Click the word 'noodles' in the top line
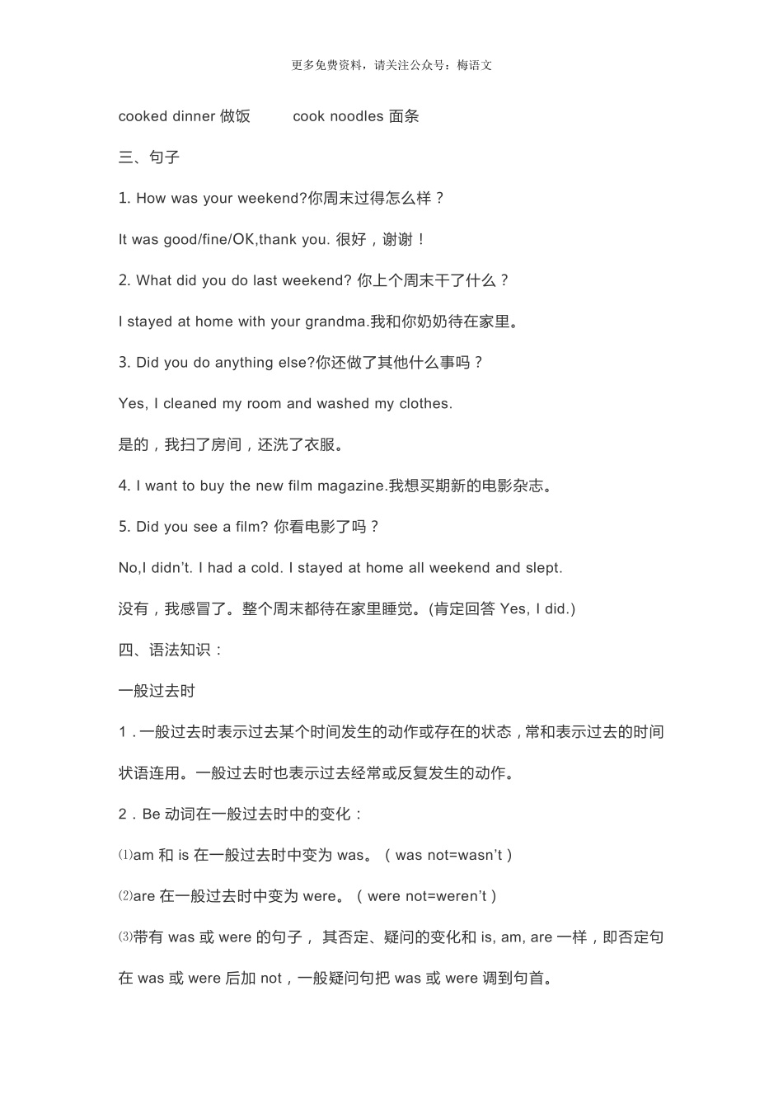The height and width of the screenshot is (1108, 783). click(357, 116)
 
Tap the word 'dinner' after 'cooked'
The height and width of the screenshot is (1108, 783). click(195, 116)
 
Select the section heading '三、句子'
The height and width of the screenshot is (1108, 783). click(149, 157)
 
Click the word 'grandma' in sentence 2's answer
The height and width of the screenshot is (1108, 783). click(335, 322)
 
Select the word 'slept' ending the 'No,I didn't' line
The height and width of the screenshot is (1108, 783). click(544, 568)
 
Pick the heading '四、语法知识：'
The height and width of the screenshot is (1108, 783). click(171, 650)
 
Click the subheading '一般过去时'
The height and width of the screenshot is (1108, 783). click(157, 691)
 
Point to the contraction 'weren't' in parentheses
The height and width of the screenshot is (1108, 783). click(462, 896)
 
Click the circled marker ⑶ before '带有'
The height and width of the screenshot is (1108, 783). click(125, 937)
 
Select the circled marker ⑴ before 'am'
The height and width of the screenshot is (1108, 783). click(125, 856)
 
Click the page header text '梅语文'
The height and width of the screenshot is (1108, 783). click(476, 66)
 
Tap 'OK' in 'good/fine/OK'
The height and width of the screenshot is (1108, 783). click(243, 240)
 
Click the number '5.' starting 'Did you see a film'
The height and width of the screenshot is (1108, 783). click(124, 527)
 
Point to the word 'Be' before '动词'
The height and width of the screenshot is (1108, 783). click(151, 815)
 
